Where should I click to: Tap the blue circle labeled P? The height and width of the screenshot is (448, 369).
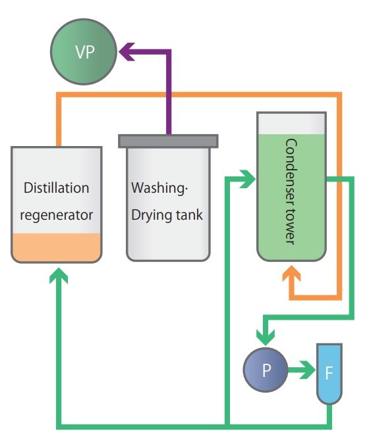(266, 369)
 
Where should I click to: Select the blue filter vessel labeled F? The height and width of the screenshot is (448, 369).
(329, 374)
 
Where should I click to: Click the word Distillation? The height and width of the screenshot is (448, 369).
(56, 188)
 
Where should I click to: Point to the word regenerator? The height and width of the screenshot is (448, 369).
(56, 214)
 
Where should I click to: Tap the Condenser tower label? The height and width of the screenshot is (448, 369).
(291, 191)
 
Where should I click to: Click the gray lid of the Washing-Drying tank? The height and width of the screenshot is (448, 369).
(168, 141)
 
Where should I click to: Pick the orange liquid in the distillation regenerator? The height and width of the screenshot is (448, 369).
(56, 246)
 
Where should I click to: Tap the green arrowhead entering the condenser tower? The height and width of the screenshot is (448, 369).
(248, 178)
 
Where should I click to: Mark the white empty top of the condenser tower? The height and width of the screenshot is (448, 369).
(292, 123)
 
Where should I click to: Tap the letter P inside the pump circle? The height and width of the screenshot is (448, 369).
(266, 370)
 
